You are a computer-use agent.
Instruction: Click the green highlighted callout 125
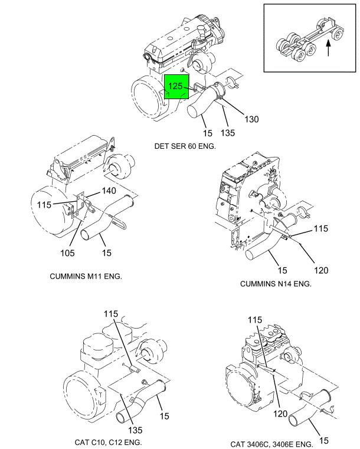[x=176, y=87]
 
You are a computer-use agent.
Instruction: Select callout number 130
[x=251, y=119]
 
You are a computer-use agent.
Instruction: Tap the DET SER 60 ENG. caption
[x=185, y=146]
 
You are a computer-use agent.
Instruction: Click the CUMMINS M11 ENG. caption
[x=86, y=276]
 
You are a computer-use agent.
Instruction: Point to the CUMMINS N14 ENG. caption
[x=276, y=284]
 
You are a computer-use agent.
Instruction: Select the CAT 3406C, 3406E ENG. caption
[x=271, y=444]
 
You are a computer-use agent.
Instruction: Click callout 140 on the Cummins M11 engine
[x=109, y=191]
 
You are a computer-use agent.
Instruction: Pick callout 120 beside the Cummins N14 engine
[x=320, y=270]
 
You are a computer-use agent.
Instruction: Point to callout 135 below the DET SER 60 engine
[x=228, y=133]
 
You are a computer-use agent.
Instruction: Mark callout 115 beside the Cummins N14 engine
[x=320, y=228]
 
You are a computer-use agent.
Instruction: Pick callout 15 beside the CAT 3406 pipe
[x=323, y=440]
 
